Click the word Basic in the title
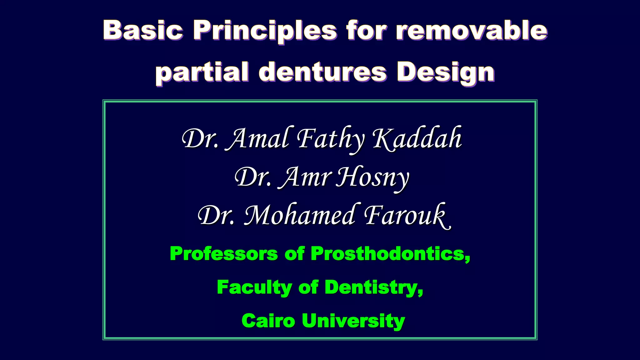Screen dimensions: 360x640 coord(143,30)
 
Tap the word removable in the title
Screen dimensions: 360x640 coord(472,30)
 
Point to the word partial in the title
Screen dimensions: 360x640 coord(202,72)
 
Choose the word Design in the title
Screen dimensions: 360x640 coord(446,72)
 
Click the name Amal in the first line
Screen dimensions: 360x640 coord(258,139)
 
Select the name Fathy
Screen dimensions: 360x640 coord(331,139)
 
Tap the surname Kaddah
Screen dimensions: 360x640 coord(417,139)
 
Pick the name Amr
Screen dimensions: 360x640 coord(305,177)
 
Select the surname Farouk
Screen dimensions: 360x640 coord(406,216)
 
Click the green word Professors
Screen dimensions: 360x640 coord(224,253)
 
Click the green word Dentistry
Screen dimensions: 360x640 coord(374,287)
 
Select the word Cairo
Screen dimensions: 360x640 coord(268,321)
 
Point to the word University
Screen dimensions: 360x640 coord(353,321)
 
